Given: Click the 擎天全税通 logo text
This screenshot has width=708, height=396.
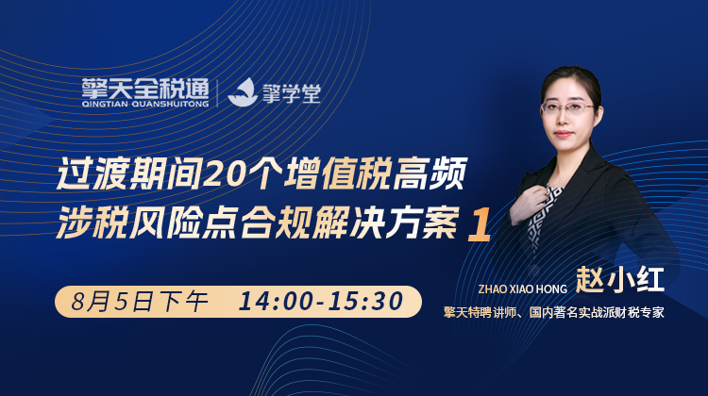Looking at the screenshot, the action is tap(145, 89).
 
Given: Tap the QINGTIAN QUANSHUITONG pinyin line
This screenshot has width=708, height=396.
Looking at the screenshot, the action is tap(145, 105).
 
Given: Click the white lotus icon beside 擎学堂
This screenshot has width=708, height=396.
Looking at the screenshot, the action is tap(243, 92).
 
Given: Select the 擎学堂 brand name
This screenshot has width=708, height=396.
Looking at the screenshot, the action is tap(292, 93).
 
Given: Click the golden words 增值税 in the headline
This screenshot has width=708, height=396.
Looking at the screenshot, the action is tap(336, 173).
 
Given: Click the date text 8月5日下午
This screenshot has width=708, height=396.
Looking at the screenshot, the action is tap(139, 302).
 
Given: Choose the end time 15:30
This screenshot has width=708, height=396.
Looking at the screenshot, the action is tap(365, 302).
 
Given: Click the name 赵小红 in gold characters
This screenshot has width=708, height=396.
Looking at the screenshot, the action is tap(619, 280).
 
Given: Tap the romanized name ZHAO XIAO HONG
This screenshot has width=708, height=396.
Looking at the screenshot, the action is tap(522, 289).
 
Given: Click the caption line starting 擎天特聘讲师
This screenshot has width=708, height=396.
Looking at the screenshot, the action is tap(553, 313).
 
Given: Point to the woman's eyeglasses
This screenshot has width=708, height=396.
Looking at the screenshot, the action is tap(568, 107).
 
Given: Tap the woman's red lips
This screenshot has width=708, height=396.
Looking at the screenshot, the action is tap(563, 134).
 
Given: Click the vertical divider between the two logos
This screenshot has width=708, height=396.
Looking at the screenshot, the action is tap(218, 93).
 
